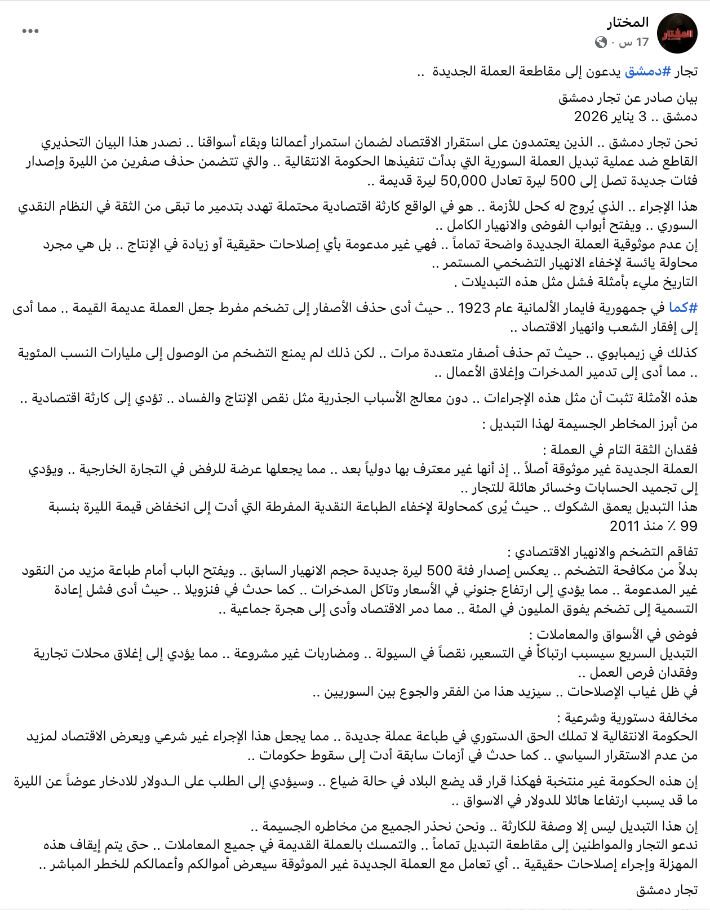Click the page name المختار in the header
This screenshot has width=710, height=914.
point(628,23)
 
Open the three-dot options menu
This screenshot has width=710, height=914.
point(30,31)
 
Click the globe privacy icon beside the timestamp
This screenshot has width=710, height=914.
point(601,42)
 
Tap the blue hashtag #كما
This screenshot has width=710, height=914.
point(683,308)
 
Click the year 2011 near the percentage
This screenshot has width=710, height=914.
point(625,526)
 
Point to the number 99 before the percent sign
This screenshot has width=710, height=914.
point(689,526)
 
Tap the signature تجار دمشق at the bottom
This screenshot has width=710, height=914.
point(667,890)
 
